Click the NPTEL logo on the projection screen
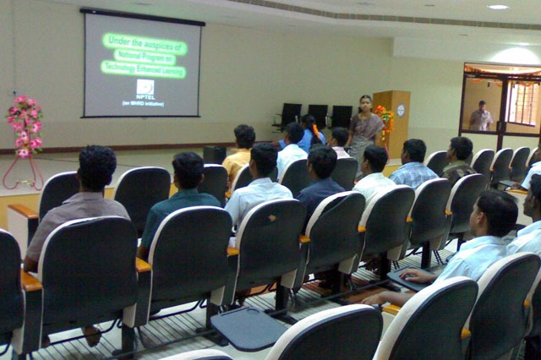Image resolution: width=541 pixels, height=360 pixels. click(145, 87)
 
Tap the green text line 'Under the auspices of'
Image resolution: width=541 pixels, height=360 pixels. click(145, 40)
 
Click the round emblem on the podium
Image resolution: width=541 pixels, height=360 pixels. click(400, 110)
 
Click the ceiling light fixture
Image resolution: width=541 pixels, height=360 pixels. click(497, 7)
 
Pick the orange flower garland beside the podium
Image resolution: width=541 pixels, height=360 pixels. click(385, 119)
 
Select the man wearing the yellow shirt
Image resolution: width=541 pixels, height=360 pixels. click(240, 150)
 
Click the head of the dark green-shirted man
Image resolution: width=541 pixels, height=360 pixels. click(189, 170)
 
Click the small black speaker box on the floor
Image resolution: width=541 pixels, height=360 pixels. click(214, 155)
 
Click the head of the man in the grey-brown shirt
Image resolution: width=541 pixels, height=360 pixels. click(97, 167)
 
